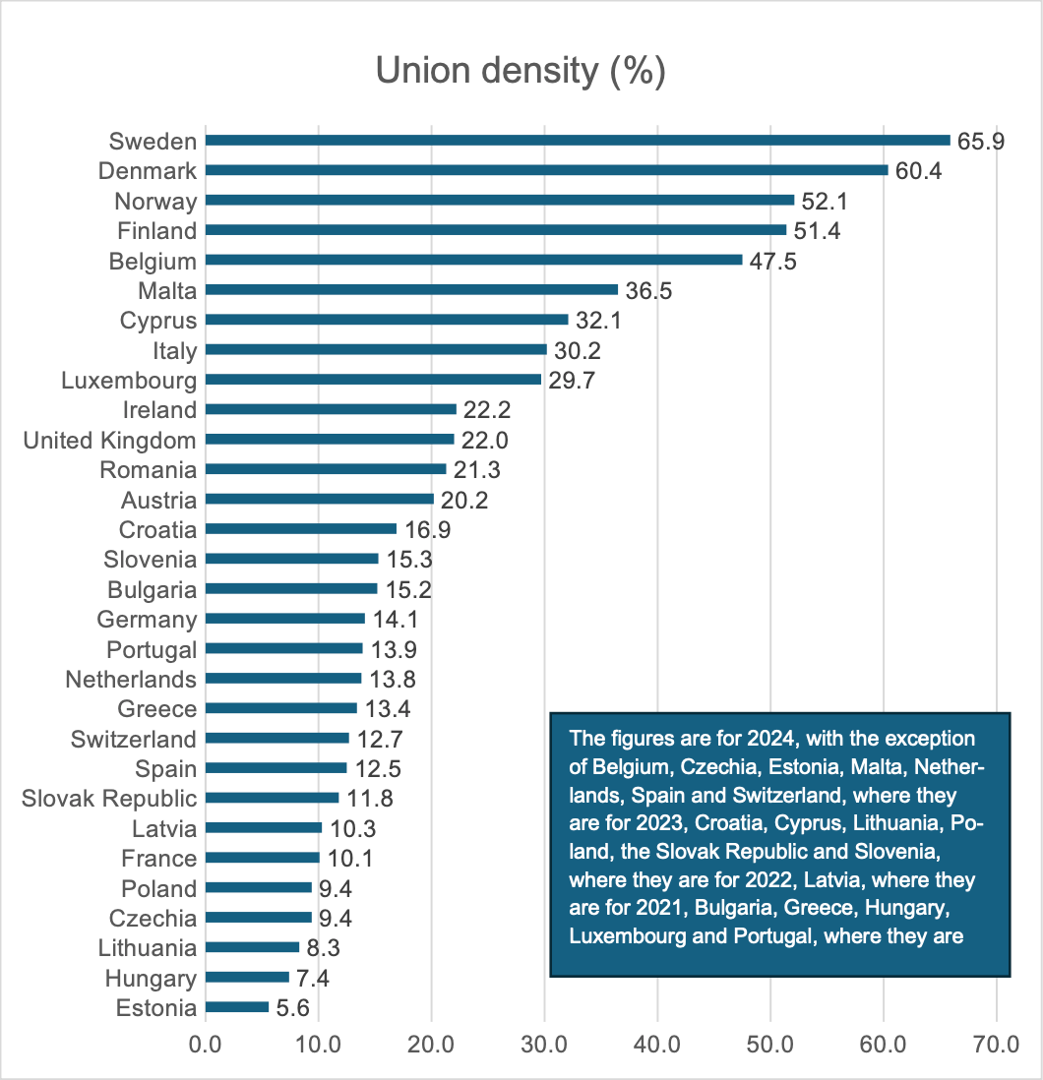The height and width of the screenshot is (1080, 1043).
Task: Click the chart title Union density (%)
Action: (x=521, y=71)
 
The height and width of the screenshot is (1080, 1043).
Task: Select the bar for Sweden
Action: (x=578, y=141)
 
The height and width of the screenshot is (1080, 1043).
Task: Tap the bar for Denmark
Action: (x=547, y=170)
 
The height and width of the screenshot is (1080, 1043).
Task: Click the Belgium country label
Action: (x=153, y=261)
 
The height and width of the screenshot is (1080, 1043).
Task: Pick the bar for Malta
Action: (x=411, y=290)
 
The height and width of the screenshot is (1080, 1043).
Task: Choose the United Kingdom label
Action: (x=110, y=440)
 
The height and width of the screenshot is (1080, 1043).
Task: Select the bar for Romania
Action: (x=326, y=469)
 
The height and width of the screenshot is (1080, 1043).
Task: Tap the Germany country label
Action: (x=147, y=620)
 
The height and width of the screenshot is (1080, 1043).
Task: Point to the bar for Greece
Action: (x=281, y=708)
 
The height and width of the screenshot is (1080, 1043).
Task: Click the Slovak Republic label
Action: (x=109, y=798)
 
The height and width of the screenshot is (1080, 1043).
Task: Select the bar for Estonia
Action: (x=237, y=1007)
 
